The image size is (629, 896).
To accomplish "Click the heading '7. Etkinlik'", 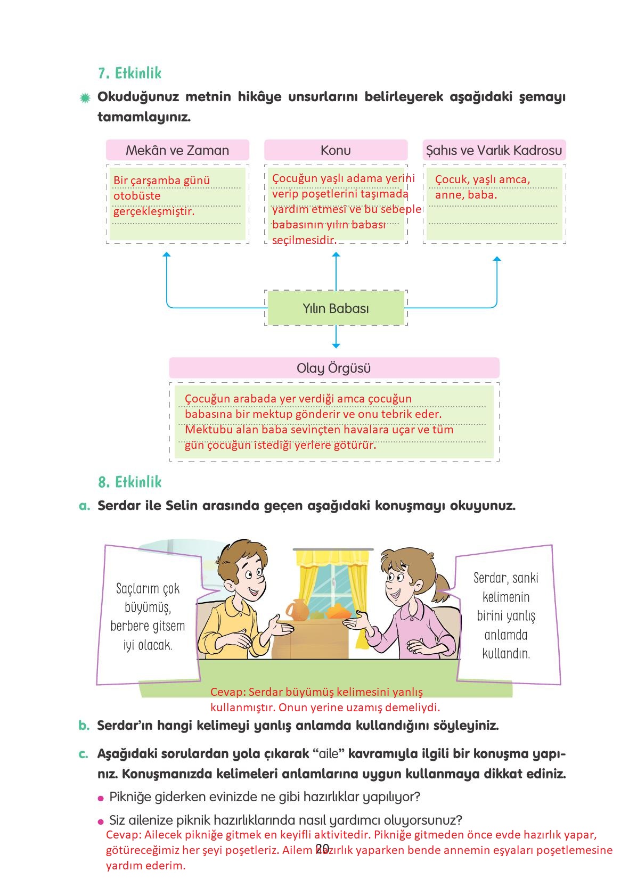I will coord(129,73).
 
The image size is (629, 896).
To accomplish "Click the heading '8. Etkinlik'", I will coord(129,482).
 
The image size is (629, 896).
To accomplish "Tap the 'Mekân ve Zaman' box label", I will coord(177,150).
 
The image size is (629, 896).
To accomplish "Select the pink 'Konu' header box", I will coord(336,150).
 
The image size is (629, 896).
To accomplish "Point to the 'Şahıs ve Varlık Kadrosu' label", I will coord(494,150).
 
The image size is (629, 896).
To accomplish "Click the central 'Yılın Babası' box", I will coord(336,308).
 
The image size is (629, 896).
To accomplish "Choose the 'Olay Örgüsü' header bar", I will coord(334,368).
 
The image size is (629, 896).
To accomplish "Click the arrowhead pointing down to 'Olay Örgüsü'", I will coord(336,344).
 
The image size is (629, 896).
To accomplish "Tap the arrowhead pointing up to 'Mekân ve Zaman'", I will coord(167,255).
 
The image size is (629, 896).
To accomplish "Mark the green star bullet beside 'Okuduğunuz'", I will coord(85,98).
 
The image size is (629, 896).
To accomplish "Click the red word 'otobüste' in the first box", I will coord(137,196).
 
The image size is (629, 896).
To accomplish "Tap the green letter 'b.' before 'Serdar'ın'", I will coord(84,726).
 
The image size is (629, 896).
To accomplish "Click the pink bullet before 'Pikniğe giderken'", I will coord(101,798).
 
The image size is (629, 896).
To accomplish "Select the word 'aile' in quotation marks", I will coord(329,754).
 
